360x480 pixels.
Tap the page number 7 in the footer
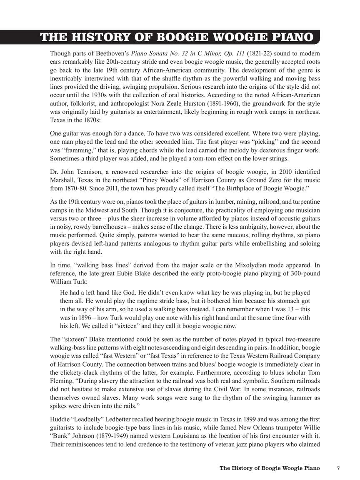[x=338, y=468]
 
